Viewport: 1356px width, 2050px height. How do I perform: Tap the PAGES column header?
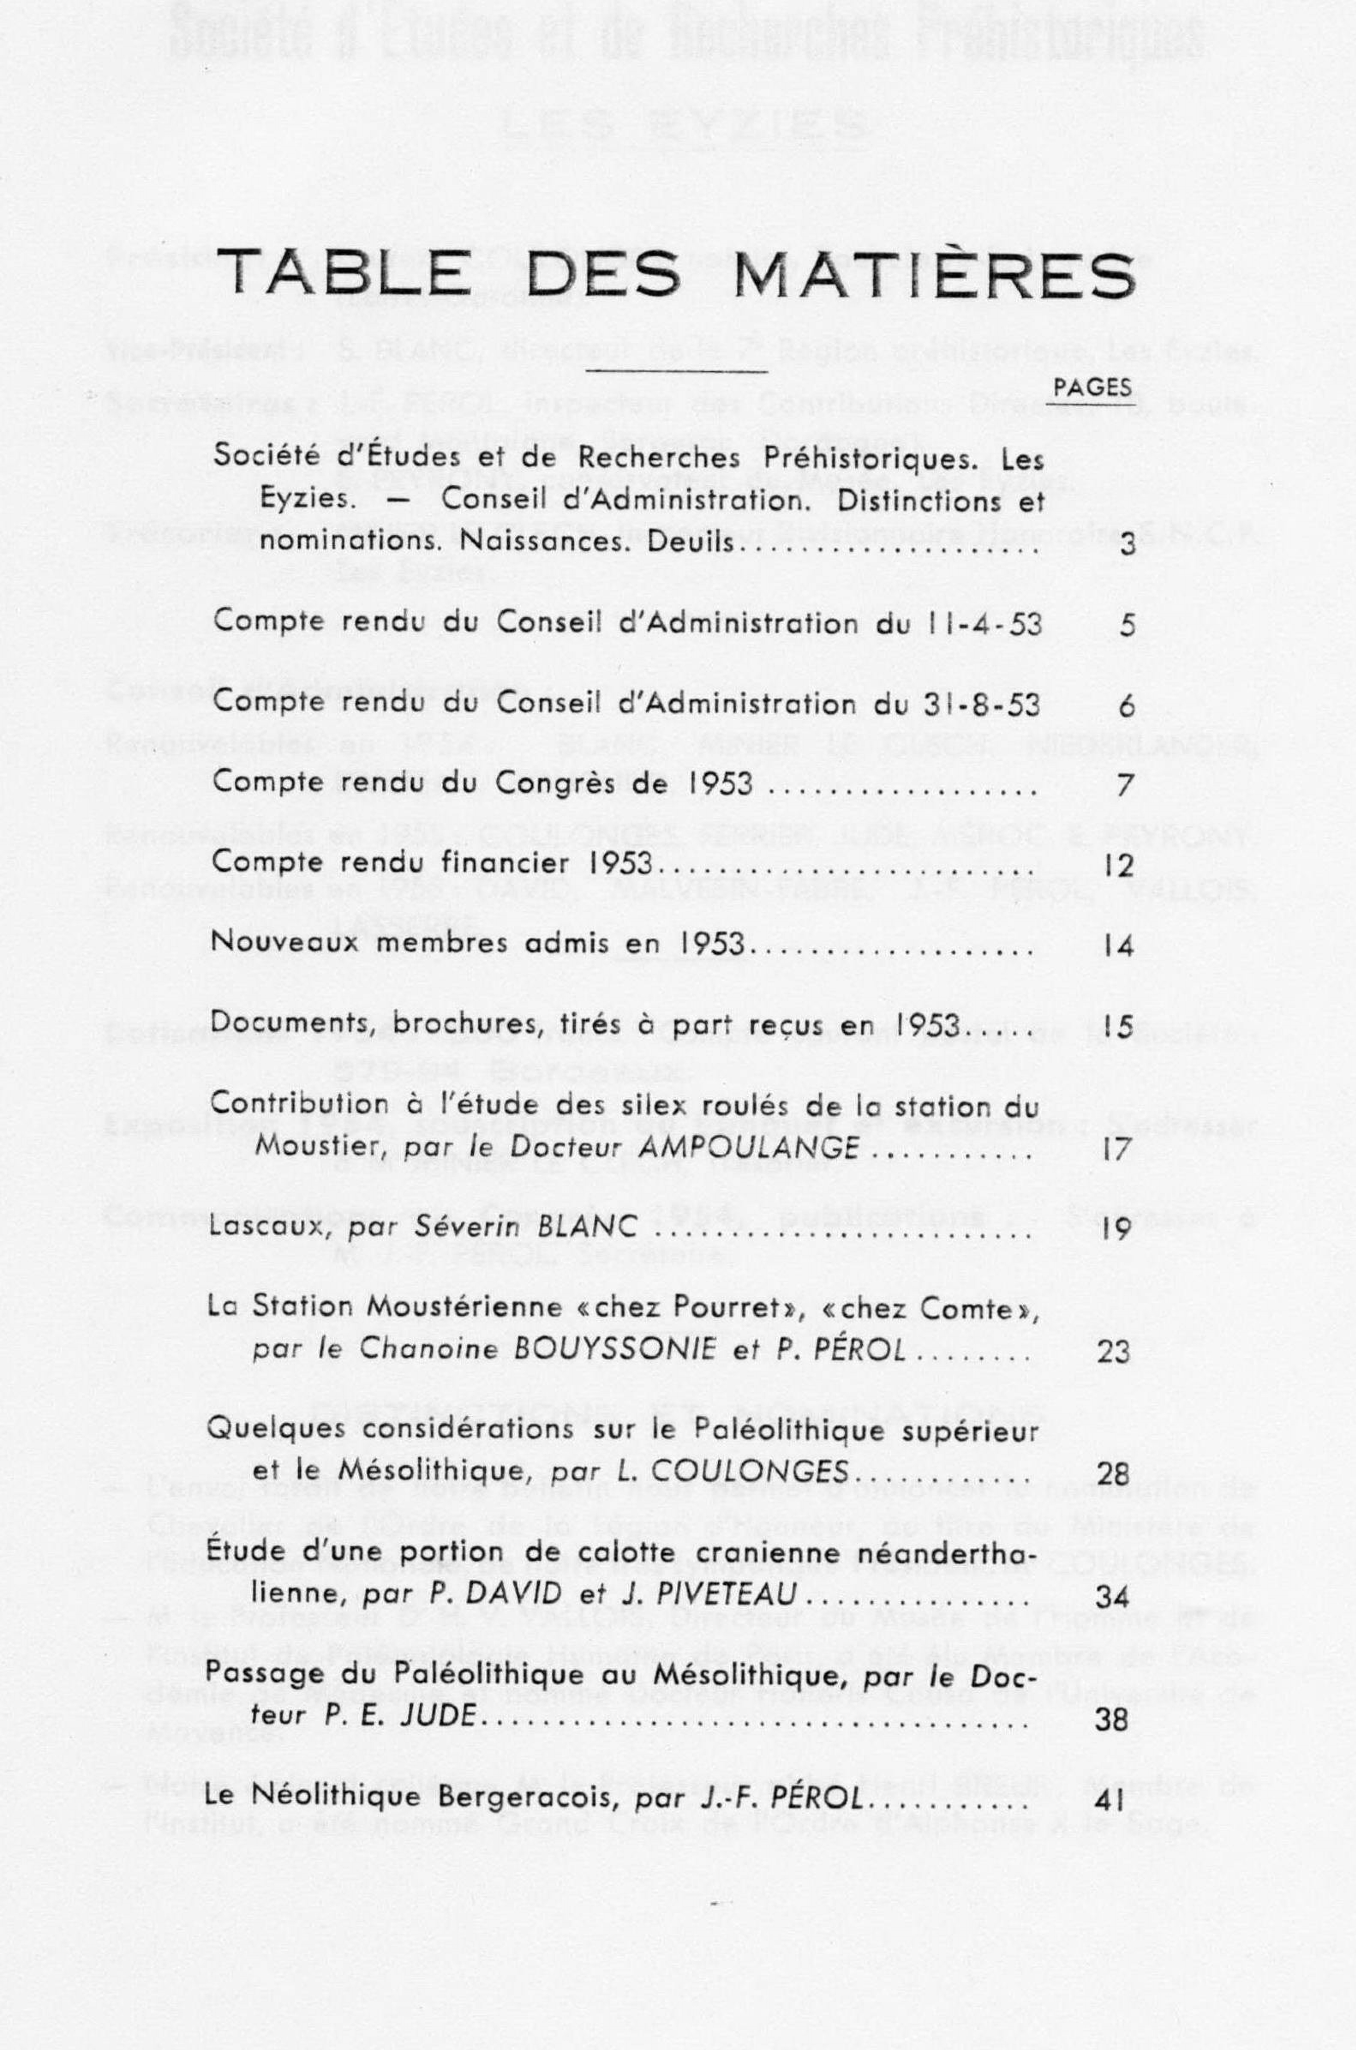(x=1093, y=388)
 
